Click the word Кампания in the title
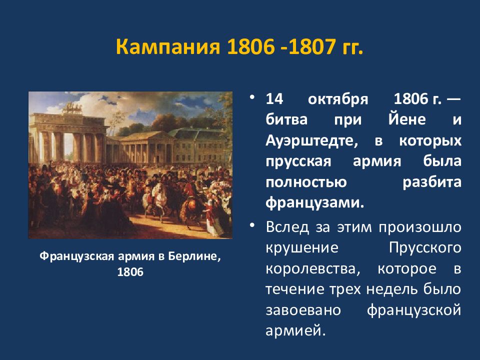168,47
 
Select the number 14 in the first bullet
274,99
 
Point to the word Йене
407,119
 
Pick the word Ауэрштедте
311,141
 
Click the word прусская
298,162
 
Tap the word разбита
432,182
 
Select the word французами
315,203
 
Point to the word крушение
302,248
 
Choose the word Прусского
425,248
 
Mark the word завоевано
303,310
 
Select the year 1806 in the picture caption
130,272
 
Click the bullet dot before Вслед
252,225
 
